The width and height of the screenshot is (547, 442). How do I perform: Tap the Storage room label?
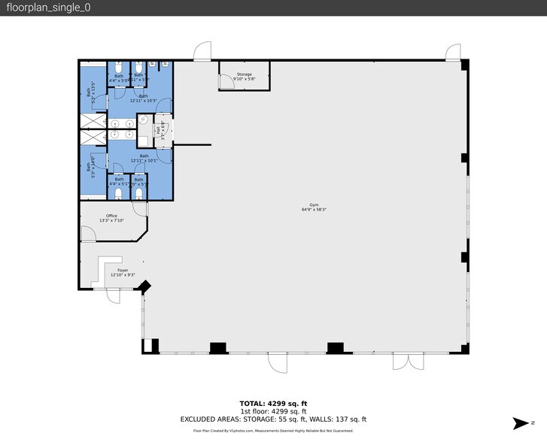pyautogui.click(x=244, y=74)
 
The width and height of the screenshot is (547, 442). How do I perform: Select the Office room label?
pyautogui.click(x=111, y=216)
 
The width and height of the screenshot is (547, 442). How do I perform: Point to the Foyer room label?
pyautogui.click(x=122, y=270)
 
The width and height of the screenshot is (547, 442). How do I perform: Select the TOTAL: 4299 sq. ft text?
pyautogui.click(x=273, y=403)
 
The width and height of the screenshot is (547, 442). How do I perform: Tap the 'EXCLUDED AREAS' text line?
pyautogui.click(x=273, y=419)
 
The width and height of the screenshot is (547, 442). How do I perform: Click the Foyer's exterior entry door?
pyautogui.click(x=113, y=295)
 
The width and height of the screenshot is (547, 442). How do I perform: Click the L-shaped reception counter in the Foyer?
pyautogui.click(x=99, y=271)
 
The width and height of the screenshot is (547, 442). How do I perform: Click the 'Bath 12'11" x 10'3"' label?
pyautogui.click(x=143, y=98)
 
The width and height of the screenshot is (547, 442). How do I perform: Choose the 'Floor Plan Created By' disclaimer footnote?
pyautogui.click(x=273, y=431)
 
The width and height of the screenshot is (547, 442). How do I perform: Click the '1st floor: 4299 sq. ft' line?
pyautogui.click(x=273, y=411)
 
